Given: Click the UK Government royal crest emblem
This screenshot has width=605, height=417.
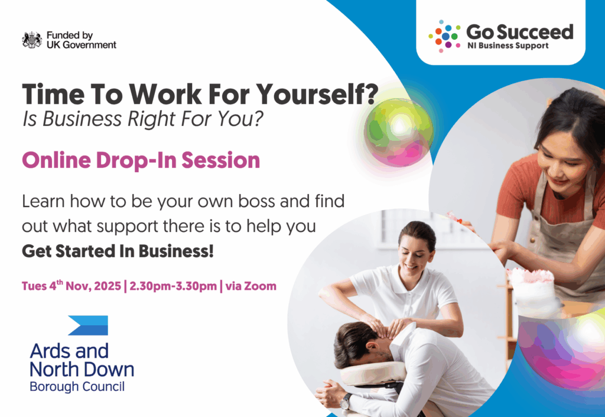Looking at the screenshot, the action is (32, 40).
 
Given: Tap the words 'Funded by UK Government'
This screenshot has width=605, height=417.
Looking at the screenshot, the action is (81, 40).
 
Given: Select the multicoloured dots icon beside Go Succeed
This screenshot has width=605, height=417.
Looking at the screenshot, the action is (444, 36).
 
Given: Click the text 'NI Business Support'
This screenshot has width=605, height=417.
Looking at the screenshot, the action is (508, 46).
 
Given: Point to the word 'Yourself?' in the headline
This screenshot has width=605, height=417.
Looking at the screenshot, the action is (317, 94).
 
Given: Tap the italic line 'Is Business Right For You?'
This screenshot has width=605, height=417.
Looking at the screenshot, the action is (143, 118).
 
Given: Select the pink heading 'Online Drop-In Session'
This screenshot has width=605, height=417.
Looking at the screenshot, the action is (141, 160).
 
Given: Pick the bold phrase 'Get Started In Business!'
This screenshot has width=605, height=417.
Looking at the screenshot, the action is (118, 251).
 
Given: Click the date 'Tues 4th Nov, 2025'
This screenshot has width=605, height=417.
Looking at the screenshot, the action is (71, 286).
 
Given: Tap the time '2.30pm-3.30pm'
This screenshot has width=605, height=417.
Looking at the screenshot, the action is (173, 286).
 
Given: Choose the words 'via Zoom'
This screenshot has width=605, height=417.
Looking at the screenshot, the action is (251, 286).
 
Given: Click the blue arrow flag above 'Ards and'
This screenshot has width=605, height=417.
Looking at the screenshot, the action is (88, 325).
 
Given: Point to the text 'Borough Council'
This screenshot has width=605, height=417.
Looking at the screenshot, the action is (77, 386).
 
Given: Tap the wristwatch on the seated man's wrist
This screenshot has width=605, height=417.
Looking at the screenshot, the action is (345, 402).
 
